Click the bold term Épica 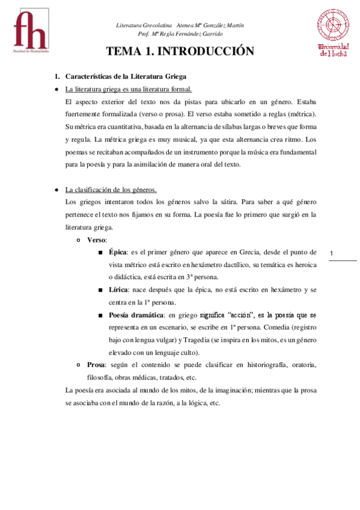(118, 253)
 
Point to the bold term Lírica (118, 290)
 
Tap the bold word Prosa (97, 365)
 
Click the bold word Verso (97, 239)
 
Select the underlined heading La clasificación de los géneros (111, 189)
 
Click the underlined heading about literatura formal (128, 89)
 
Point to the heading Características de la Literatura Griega (126, 76)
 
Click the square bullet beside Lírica (99, 290)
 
